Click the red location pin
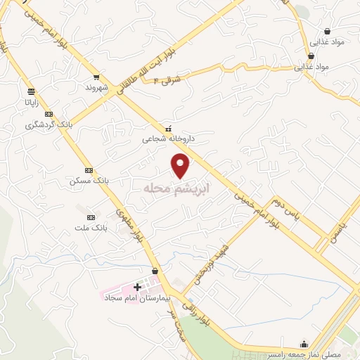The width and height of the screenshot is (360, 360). tap(181, 165)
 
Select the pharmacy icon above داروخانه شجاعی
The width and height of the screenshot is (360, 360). tap(168, 129)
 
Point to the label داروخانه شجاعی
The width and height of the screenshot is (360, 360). tap(167, 139)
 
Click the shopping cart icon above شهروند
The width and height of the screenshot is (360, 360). tap(96, 77)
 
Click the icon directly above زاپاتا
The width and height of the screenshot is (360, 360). tap(31, 91)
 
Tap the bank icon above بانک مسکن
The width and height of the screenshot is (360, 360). tap(89, 170)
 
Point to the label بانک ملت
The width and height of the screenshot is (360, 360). tap(91, 228)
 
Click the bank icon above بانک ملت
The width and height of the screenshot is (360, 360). tap(91, 217)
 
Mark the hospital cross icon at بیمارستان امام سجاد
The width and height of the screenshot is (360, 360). tap(137, 287)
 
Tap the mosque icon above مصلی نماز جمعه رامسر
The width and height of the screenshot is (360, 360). tap(304, 344)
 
